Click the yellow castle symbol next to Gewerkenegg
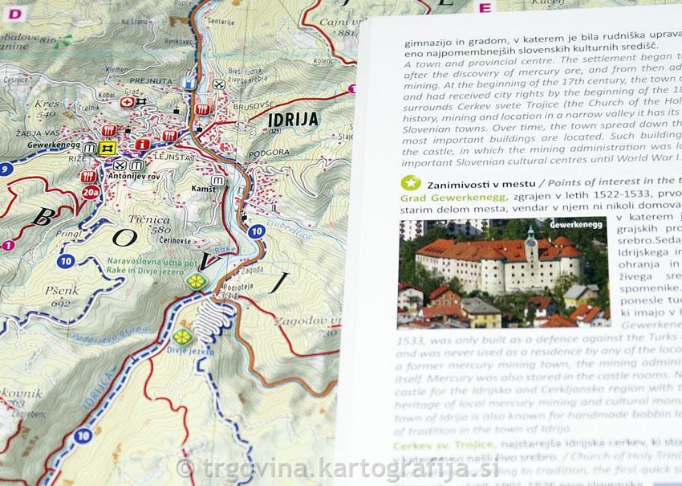(x=108, y=148)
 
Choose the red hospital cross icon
(x=127, y=103)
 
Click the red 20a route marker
(x=91, y=192)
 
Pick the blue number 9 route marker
(x=6, y=169)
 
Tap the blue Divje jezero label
(x=189, y=350)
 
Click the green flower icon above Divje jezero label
(x=182, y=335)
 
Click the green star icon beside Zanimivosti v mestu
(x=411, y=182)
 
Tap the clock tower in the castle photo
(x=530, y=240)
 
